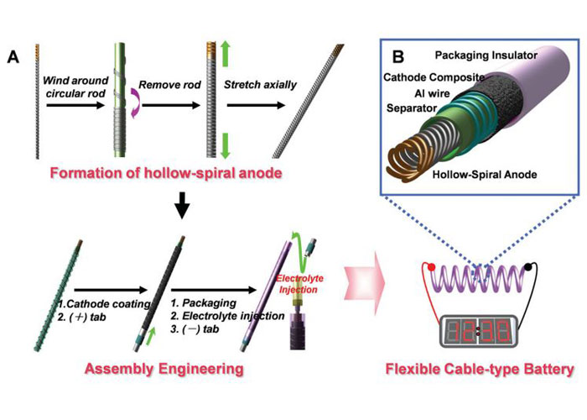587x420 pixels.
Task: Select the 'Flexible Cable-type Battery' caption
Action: [480, 369]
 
